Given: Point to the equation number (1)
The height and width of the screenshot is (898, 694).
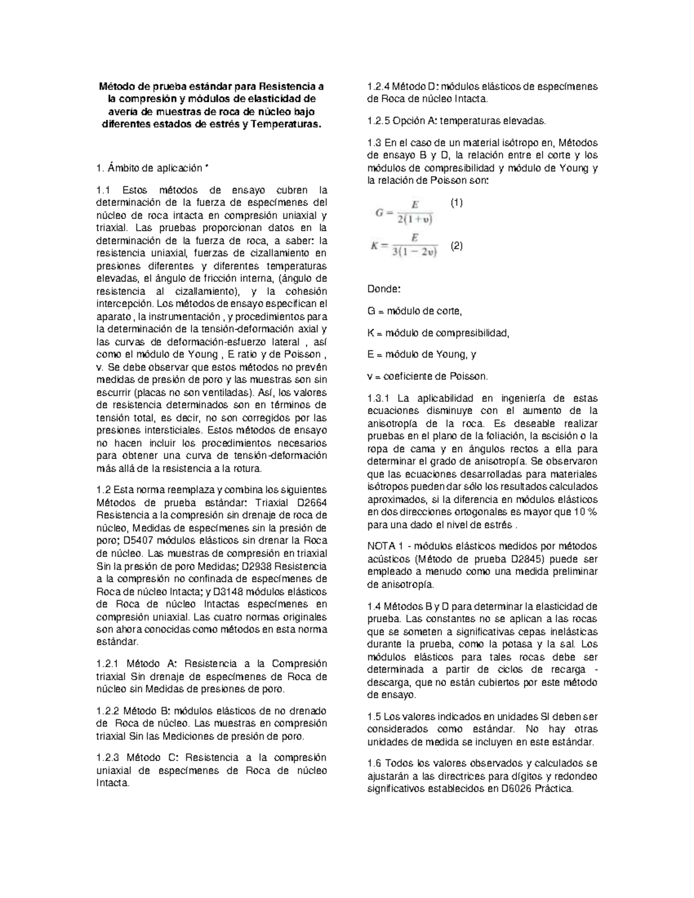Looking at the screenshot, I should [x=456, y=203].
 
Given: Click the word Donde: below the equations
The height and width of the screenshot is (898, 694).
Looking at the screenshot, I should [x=383, y=289].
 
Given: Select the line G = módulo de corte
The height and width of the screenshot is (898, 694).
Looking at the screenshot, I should [x=415, y=311].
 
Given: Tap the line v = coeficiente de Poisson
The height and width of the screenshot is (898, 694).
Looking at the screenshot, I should [x=427, y=376].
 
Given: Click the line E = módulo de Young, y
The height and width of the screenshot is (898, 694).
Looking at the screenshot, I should [x=422, y=354].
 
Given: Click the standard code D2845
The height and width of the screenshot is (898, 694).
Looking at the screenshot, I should [x=524, y=559].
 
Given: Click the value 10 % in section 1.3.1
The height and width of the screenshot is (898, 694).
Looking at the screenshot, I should [x=585, y=512].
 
